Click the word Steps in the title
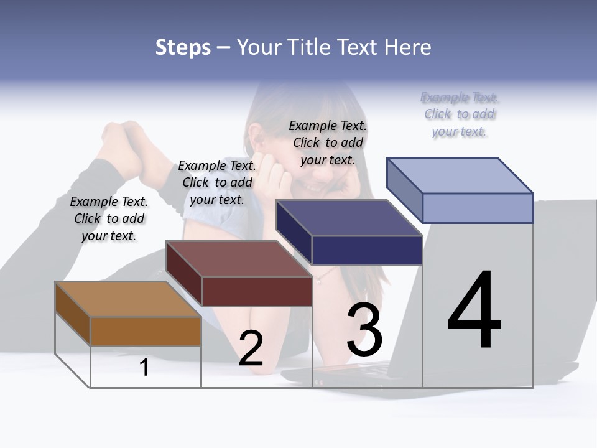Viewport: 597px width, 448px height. tap(183, 47)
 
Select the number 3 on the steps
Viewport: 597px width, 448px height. tap(364, 330)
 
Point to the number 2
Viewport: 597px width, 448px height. tap(251, 348)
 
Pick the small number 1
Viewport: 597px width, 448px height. tap(144, 368)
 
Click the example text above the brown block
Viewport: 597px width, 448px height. tap(109, 218)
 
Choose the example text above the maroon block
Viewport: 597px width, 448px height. tap(217, 182)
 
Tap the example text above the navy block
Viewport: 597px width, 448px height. tap(328, 142)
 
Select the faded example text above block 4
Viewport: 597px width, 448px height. tap(460, 114)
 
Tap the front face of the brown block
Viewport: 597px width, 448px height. tap(146, 332)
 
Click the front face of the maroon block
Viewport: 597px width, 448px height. tap(257, 291)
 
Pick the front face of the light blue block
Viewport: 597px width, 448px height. tap(478, 208)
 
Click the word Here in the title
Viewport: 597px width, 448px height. tap(407, 47)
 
